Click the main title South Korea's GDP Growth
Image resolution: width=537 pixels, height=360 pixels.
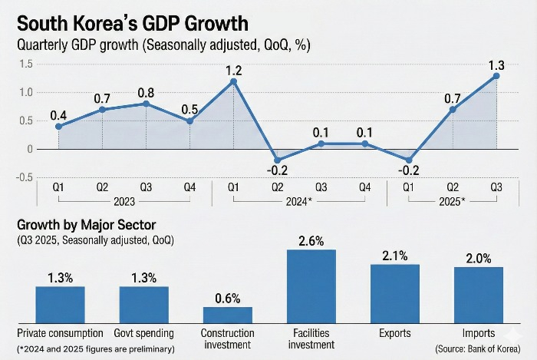pyautogui.click(x=133, y=24)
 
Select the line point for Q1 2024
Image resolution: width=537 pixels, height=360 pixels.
pyautogui.click(x=233, y=81)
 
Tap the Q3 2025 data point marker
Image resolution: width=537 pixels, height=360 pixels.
pyautogui.click(x=496, y=76)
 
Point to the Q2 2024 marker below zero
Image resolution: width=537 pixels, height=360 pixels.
pyautogui.click(x=278, y=160)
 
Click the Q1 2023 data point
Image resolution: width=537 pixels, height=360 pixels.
pyautogui.click(x=58, y=127)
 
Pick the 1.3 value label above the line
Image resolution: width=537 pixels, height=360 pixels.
pyautogui.click(x=496, y=64)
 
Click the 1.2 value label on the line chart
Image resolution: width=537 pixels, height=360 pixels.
pyautogui.click(x=233, y=71)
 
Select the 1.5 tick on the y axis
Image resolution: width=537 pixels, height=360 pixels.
pyautogui.click(x=26, y=64)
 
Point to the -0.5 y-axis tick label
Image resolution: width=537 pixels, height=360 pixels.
pyautogui.click(x=24, y=177)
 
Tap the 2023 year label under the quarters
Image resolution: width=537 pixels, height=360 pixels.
pyautogui.click(x=124, y=201)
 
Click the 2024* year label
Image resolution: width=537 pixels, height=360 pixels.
pyautogui.click(x=299, y=201)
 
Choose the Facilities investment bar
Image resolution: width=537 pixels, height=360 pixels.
pyautogui.click(x=311, y=286)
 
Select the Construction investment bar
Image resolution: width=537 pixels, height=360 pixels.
pyautogui.click(x=228, y=315)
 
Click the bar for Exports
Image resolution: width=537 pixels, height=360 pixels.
pyautogui.click(x=395, y=293)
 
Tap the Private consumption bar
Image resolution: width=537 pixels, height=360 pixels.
pyautogui.click(x=61, y=305)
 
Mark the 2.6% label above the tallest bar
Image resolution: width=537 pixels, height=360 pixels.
pyautogui.click(x=311, y=241)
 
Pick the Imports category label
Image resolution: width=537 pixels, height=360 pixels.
pyautogui.click(x=479, y=333)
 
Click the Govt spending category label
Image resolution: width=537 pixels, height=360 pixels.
pyautogui.click(x=144, y=333)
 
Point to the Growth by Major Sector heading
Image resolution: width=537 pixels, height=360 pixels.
pyautogui.click(x=86, y=225)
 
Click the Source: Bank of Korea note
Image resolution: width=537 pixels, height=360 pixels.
pyautogui.click(x=478, y=348)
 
